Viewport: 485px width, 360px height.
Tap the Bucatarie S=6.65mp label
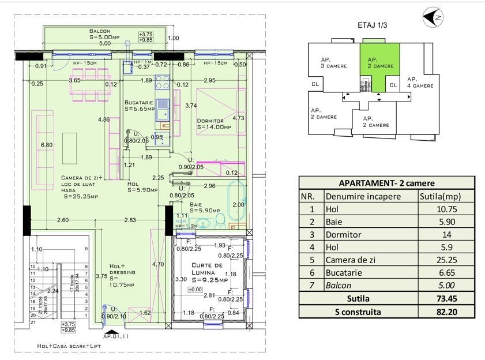(x=139, y=105)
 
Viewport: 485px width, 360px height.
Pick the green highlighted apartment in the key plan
(x=381, y=62)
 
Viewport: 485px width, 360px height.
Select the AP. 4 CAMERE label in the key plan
(x=420, y=82)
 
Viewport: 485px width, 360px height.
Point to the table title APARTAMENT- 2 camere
(x=386, y=183)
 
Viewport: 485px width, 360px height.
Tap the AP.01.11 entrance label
(x=117, y=335)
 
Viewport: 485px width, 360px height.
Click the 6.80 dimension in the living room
(x=46, y=145)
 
